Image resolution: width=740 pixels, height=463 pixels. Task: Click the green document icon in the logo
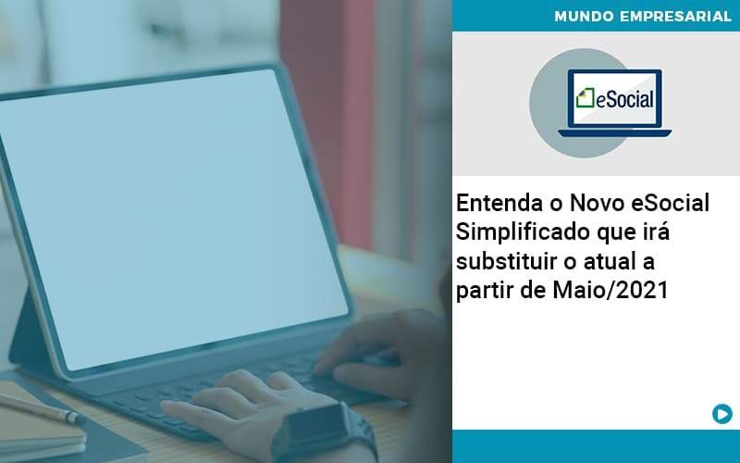coord(585,98)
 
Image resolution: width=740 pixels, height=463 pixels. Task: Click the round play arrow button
coord(721,414)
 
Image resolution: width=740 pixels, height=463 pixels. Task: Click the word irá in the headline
coord(660,232)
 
